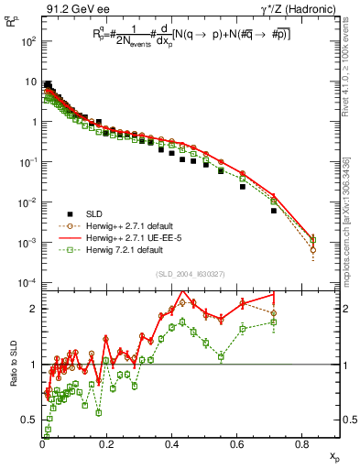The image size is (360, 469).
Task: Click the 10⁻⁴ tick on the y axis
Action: (27, 281)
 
